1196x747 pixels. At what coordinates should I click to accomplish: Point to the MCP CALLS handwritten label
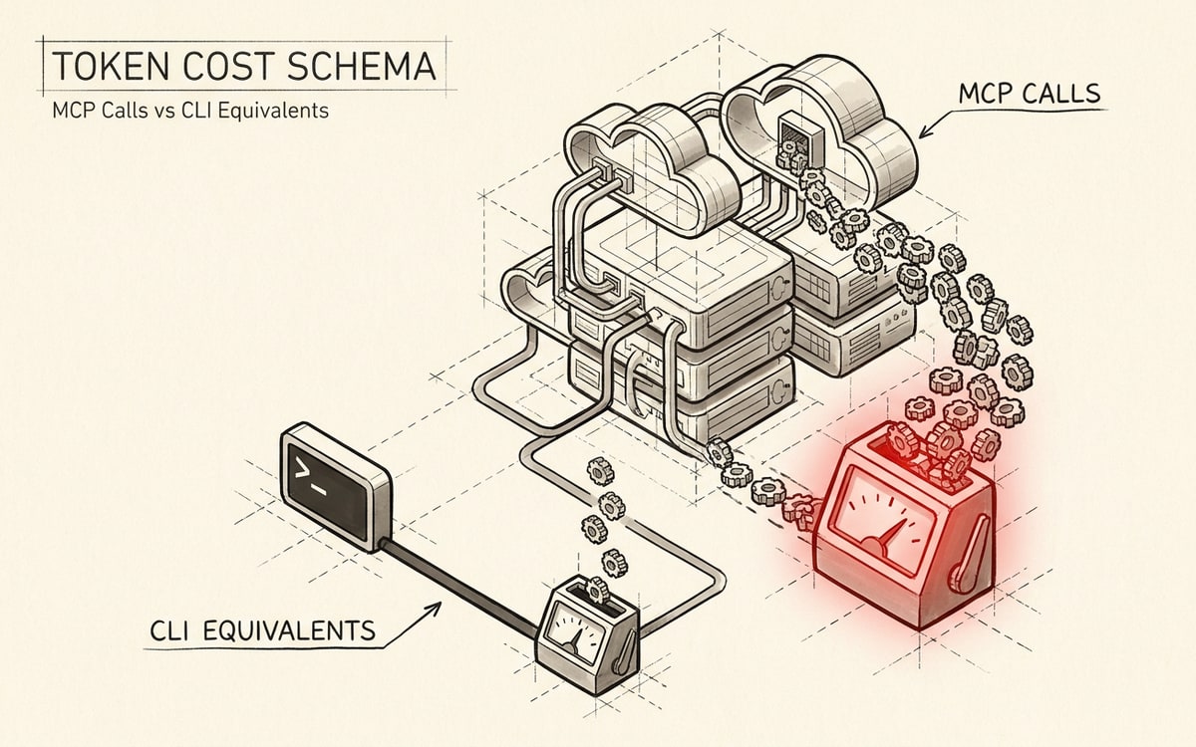click(1030, 94)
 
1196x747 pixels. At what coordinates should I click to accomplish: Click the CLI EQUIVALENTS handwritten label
click(263, 631)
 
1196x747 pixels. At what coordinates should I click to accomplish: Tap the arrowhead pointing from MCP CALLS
click(925, 130)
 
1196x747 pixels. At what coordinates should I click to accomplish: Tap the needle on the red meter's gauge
click(890, 535)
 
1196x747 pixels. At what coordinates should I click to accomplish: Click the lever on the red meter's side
click(972, 555)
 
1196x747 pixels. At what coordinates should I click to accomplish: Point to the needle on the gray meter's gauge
click(574, 641)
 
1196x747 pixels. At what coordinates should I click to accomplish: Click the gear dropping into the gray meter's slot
click(597, 590)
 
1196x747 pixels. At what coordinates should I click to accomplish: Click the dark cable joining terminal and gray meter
click(458, 587)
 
